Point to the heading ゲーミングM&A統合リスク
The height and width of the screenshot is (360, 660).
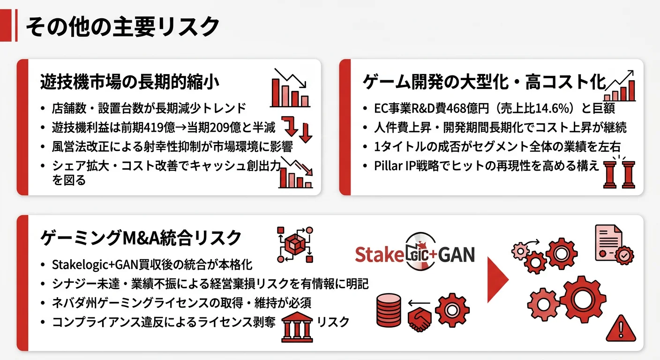point(141,238)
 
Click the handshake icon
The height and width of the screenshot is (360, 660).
point(420,318)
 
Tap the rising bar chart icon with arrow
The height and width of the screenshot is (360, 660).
point(620,87)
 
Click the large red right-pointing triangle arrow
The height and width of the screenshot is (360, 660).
point(497,279)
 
